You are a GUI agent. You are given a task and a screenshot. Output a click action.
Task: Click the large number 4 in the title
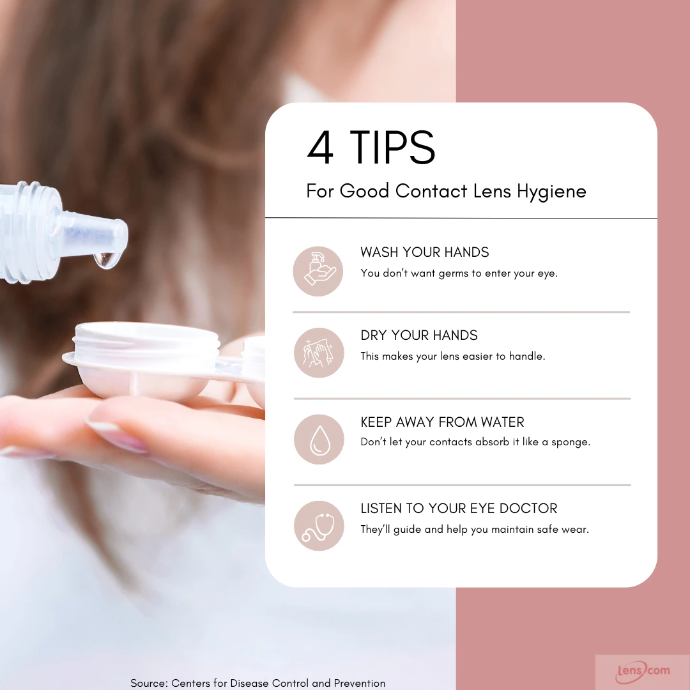click(x=320, y=147)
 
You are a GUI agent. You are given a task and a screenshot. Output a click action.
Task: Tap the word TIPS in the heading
click(x=392, y=147)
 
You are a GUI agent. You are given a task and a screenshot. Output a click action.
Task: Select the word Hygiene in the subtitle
click(x=551, y=192)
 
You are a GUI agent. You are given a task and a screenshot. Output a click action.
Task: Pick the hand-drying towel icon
click(x=319, y=353)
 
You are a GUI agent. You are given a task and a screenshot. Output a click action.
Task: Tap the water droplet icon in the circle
click(x=319, y=439)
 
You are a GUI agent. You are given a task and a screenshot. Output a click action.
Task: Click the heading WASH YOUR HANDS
click(x=425, y=252)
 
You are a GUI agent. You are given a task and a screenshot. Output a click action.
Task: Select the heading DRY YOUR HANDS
click(x=419, y=335)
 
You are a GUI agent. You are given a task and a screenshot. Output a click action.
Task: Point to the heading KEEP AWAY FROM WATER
click(x=442, y=422)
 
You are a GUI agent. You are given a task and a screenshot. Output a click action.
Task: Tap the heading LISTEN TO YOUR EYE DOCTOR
click(x=459, y=509)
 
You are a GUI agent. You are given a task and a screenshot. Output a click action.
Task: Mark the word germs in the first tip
click(x=453, y=273)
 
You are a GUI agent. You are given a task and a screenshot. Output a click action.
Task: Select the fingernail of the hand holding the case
click(x=117, y=435)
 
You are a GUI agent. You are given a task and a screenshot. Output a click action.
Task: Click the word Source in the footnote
click(x=149, y=683)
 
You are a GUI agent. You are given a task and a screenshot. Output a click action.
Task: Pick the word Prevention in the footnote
click(x=360, y=683)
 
